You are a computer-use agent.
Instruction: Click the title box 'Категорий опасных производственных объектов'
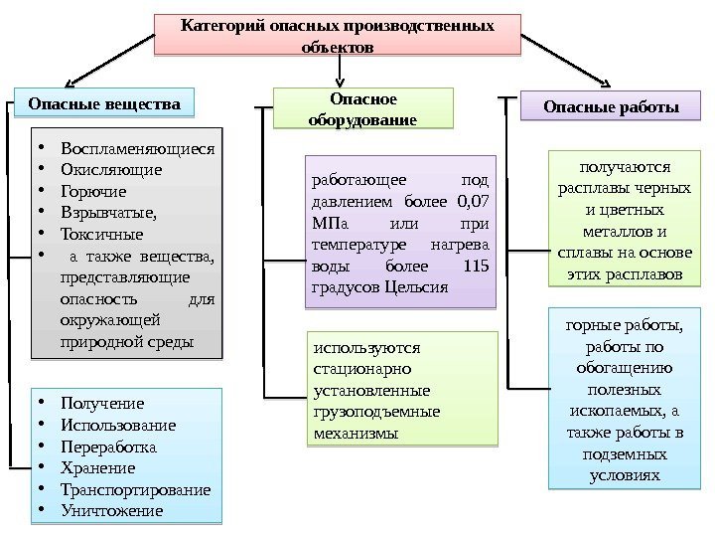point(338,35)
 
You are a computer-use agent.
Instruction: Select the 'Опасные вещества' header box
point(104,102)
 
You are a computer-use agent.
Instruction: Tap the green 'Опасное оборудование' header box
point(361,108)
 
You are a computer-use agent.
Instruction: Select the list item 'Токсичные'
point(101,235)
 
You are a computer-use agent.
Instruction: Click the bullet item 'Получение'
point(102,403)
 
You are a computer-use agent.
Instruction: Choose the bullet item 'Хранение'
point(97,468)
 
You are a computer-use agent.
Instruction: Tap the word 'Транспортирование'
point(135,490)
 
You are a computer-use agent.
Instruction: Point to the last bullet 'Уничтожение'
point(111,511)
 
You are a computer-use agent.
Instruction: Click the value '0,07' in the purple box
point(479,203)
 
